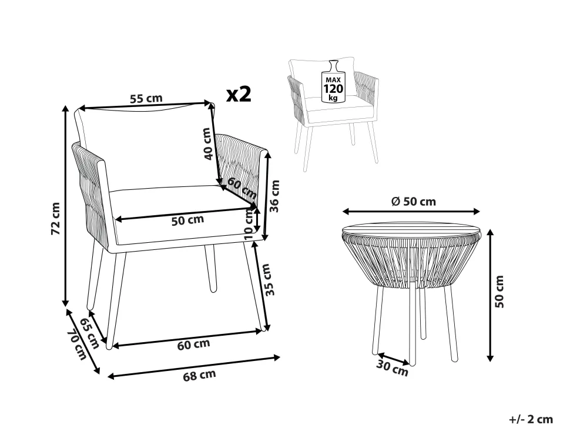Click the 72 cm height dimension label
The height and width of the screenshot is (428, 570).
point(56,218)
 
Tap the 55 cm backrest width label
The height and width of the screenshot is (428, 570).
point(146,99)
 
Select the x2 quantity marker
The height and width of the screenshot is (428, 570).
point(239,94)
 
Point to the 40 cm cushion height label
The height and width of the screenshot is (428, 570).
point(207,143)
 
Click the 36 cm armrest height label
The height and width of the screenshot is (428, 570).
point(275,196)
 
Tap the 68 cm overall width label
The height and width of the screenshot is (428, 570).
point(199,375)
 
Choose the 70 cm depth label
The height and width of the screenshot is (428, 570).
point(78,344)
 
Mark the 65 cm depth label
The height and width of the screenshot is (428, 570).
point(89,333)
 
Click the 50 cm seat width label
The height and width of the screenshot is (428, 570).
point(187,220)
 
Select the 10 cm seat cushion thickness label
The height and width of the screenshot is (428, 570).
point(249,225)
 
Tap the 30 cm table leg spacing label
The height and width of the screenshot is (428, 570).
point(392,367)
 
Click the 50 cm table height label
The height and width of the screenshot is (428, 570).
point(499,292)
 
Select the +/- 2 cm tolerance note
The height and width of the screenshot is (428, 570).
point(531,419)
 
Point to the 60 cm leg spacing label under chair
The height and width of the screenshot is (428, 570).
point(193,344)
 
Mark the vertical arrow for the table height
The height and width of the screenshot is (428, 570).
point(490,295)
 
